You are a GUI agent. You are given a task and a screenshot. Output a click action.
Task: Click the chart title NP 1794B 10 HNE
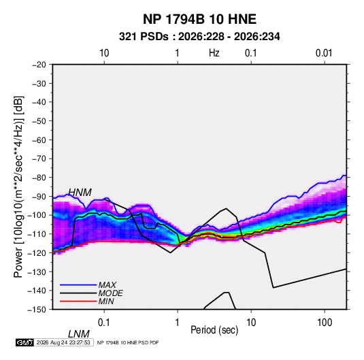point(199,19)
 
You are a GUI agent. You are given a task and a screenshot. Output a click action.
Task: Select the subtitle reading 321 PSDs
point(144,37)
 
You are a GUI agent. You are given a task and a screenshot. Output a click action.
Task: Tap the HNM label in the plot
point(80,193)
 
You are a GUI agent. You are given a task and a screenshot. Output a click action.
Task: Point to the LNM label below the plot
point(78,334)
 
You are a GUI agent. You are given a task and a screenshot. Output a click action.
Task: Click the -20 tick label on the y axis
point(39,65)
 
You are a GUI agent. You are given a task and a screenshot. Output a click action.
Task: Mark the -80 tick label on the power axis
point(39,178)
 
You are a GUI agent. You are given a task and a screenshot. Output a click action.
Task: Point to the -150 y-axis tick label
point(37,310)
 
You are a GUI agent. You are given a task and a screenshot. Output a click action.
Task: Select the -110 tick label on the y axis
point(37,234)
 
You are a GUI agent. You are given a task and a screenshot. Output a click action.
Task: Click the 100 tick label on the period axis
point(325,323)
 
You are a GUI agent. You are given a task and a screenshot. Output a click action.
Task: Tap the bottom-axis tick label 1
point(178,323)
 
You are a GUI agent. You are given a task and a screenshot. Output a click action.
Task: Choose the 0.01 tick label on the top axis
point(324,53)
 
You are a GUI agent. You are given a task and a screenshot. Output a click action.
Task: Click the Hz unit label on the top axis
point(214,53)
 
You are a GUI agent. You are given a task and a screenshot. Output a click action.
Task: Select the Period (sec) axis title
point(214,330)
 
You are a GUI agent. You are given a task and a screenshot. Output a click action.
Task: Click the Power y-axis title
point(18,187)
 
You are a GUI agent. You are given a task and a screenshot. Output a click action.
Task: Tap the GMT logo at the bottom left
point(24,342)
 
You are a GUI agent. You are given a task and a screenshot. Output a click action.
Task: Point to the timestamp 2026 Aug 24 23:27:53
point(63,342)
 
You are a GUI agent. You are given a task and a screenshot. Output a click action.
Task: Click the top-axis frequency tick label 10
point(104,53)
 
